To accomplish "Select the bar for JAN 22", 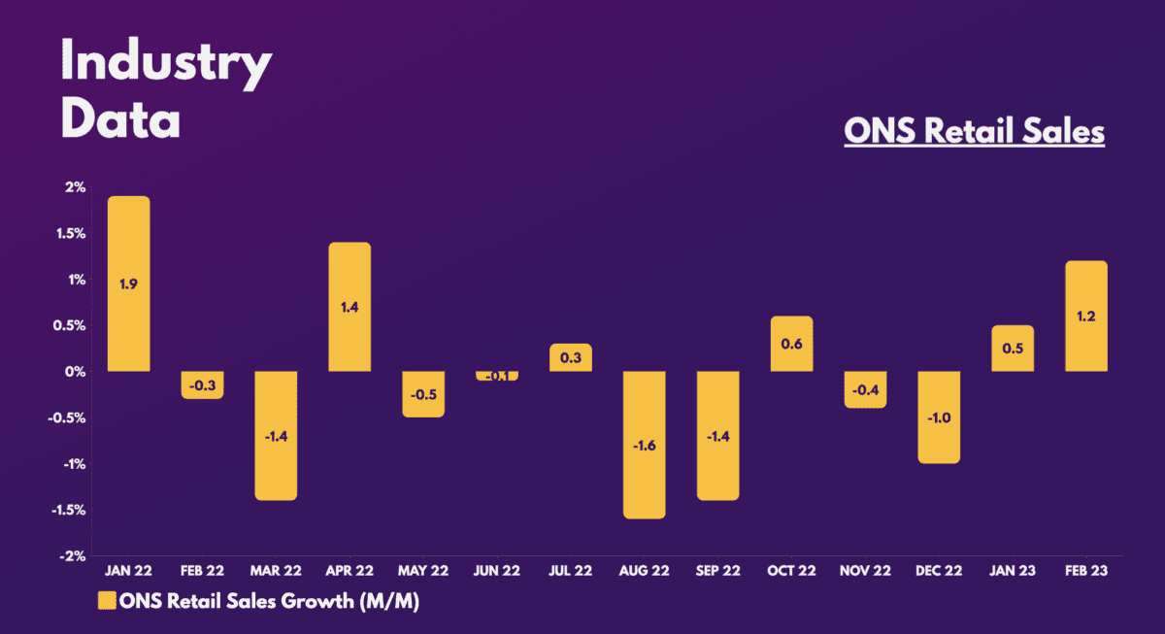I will point(128,284).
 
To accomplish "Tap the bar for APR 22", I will point(349,306).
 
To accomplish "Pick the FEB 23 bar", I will point(1086,316).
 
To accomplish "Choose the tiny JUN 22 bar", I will point(496,376).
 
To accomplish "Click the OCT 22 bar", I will point(791,344).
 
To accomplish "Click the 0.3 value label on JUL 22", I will point(570,358).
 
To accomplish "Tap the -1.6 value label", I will point(644,446).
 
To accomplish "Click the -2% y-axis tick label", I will point(74,556).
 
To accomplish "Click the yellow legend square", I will point(106,601).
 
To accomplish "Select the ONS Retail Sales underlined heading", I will point(974,132).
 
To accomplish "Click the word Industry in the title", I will point(166,64).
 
